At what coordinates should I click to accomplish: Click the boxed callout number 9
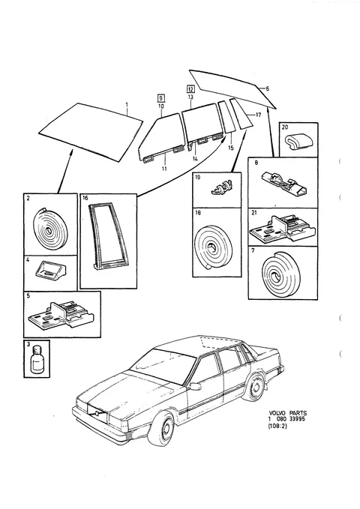tap(160, 97)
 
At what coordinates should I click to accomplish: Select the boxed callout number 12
tap(190, 89)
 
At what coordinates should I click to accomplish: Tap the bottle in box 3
tap(37, 360)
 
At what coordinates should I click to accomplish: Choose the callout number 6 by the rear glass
tap(268, 88)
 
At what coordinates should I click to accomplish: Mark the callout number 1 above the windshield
tap(127, 104)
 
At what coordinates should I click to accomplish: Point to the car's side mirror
tap(195, 386)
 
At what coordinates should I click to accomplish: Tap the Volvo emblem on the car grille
tap(97, 413)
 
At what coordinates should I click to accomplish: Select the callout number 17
tap(258, 115)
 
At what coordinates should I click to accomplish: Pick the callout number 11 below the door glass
tap(164, 169)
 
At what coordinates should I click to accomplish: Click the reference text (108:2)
tap(277, 427)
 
